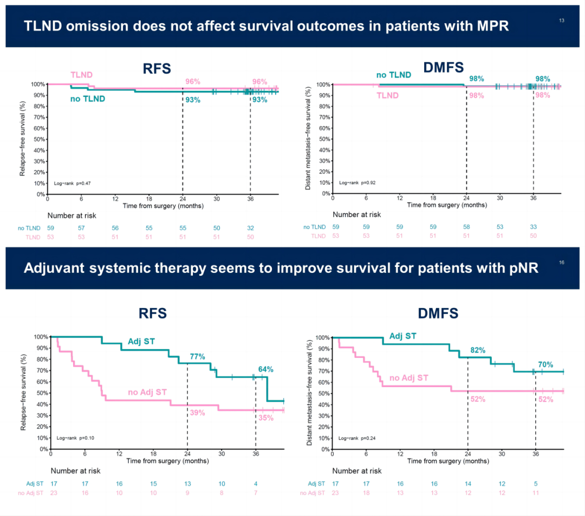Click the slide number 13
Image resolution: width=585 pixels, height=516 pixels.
click(x=562, y=20)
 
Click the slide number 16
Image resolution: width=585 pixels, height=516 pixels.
click(x=562, y=263)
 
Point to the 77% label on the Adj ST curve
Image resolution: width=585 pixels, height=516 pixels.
click(x=197, y=357)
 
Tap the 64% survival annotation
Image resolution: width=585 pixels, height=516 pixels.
click(x=265, y=369)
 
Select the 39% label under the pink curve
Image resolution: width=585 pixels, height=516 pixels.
click(x=197, y=413)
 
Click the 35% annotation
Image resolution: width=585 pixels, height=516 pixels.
click(x=265, y=418)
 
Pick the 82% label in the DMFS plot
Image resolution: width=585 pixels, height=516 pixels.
click(x=478, y=350)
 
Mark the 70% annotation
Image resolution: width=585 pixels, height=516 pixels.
click(x=545, y=364)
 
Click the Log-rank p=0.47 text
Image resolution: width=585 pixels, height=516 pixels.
click(x=72, y=184)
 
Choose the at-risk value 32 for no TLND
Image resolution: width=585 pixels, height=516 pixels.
click(x=250, y=228)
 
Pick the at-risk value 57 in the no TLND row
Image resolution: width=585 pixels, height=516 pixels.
click(x=81, y=228)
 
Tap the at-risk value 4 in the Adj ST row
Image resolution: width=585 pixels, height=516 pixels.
click(x=256, y=483)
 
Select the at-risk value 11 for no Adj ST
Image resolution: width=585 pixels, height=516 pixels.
click(x=535, y=493)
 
